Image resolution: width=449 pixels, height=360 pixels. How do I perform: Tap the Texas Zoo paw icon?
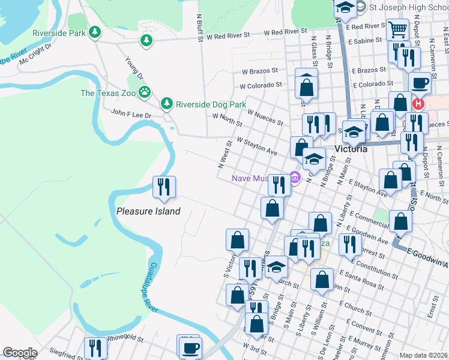click(x=145, y=92)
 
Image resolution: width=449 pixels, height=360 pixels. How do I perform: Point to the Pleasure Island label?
click(x=148, y=211)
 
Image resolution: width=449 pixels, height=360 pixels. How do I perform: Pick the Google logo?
click(x=20, y=353)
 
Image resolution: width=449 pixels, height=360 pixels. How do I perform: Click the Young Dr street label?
click(x=134, y=68)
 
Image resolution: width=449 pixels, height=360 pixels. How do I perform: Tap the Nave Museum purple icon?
click(x=294, y=178)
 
